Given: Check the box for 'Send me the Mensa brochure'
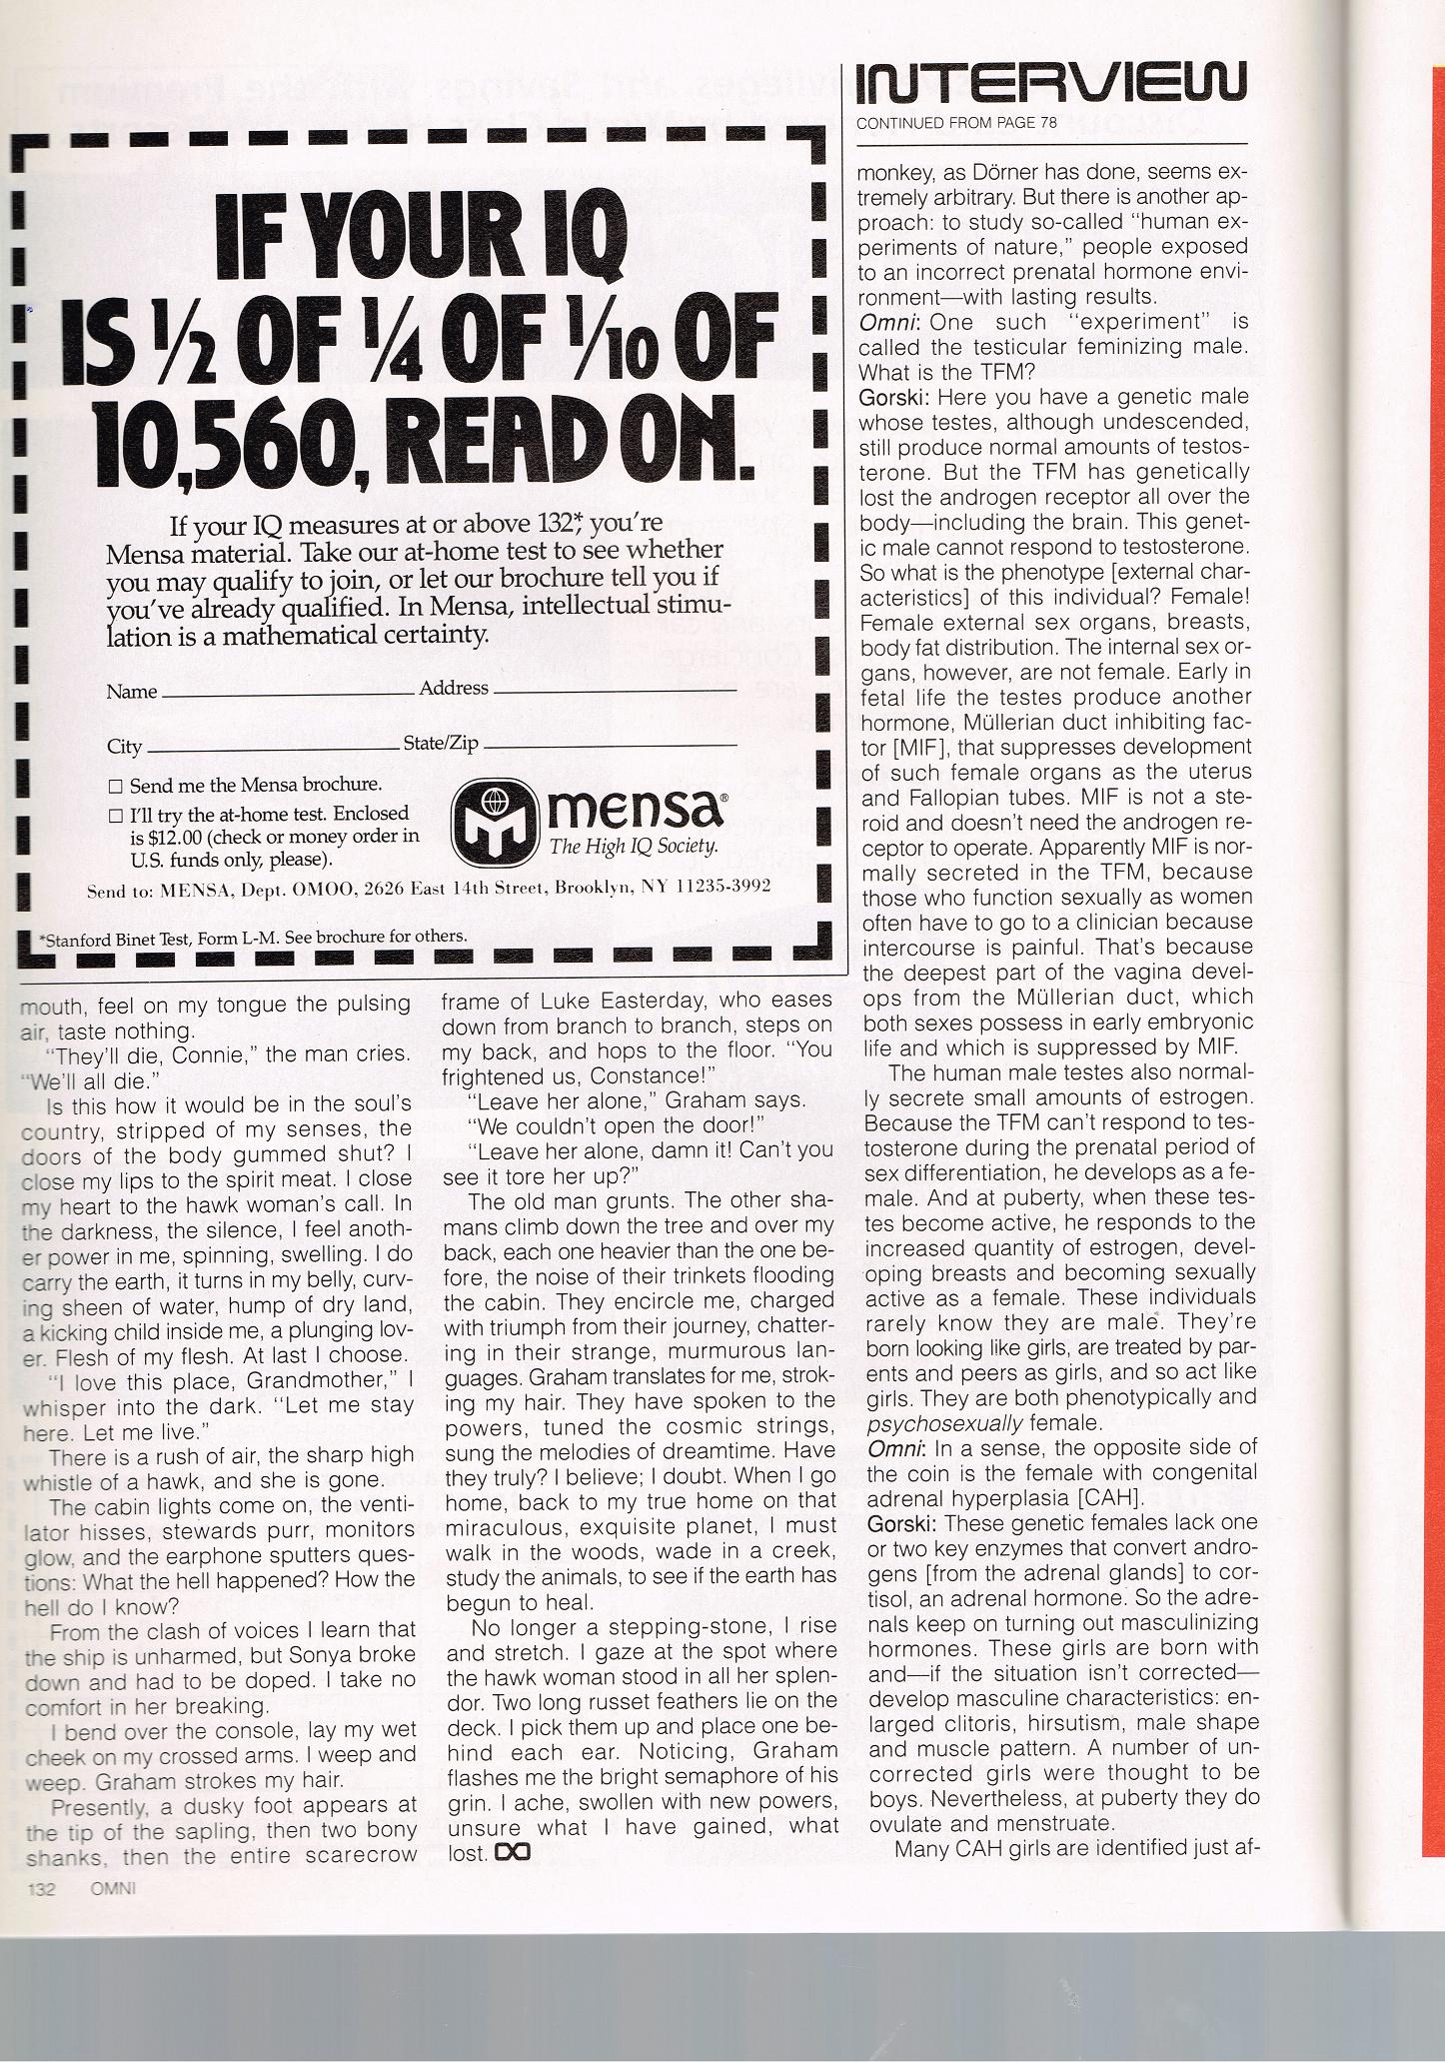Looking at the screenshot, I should point(115,786).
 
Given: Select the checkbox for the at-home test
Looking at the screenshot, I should point(115,816).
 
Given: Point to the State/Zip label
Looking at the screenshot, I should point(441,744).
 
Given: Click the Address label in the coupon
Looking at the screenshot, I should point(453,688).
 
